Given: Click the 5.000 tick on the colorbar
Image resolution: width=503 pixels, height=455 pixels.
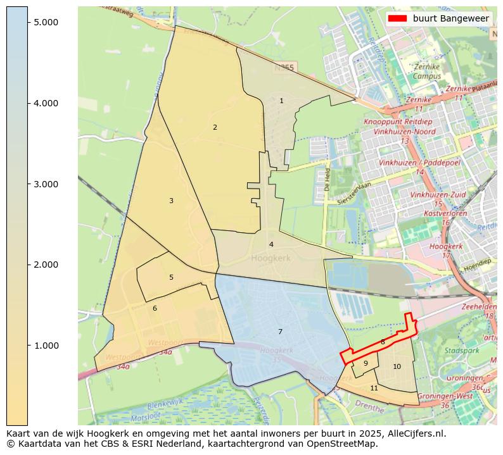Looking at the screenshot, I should click(x=46, y=22).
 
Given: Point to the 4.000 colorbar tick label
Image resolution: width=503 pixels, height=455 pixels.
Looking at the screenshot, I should click(x=46, y=103).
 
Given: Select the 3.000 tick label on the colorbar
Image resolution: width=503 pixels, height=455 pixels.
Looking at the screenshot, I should click(x=46, y=184).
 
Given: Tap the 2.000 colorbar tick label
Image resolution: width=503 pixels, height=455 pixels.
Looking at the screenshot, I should click(x=46, y=265).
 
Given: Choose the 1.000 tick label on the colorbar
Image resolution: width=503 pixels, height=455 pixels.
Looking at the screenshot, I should click(x=46, y=346).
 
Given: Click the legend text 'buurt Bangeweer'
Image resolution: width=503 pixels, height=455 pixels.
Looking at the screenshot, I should click(x=450, y=19).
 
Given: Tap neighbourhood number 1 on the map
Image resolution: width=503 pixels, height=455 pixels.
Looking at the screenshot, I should click(x=281, y=101).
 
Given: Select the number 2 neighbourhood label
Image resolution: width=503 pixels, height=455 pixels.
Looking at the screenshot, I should click(x=215, y=127).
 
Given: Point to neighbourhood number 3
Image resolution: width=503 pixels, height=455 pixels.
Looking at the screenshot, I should click(x=171, y=201).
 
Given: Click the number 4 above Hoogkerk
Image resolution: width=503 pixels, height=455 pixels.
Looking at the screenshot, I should click(x=271, y=244).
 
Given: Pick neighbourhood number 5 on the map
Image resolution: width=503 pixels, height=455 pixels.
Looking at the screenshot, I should click(x=171, y=277).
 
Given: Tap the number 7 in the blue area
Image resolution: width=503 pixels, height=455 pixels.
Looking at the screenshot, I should click(x=280, y=332).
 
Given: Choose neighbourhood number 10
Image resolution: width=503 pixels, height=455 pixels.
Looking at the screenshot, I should click(x=397, y=366).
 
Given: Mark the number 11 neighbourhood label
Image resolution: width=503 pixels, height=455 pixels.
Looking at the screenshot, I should click(x=374, y=388).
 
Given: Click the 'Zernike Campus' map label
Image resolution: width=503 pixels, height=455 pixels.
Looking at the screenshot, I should click(x=426, y=71).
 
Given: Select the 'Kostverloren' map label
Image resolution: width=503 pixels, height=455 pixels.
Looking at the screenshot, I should click(x=445, y=213).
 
